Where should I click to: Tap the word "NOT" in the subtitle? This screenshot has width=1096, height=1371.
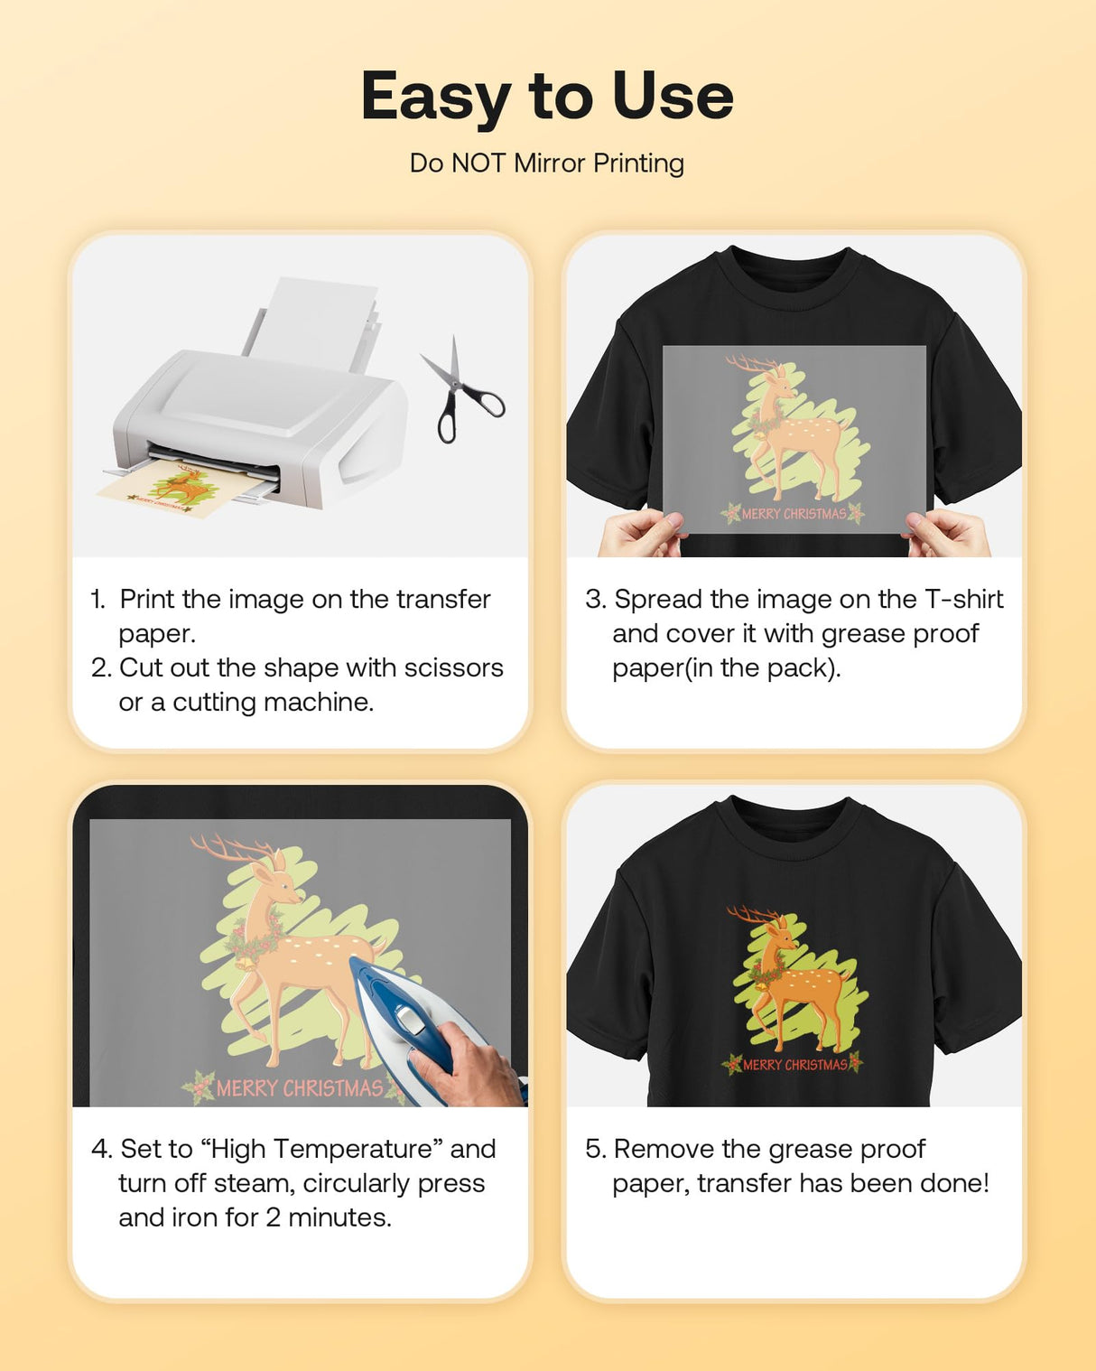click(x=478, y=163)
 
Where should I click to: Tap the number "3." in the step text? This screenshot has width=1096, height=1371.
click(x=596, y=600)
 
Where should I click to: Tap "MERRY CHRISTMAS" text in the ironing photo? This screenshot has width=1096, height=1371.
click(x=300, y=1088)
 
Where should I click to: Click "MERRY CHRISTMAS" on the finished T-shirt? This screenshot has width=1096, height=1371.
click(x=794, y=1065)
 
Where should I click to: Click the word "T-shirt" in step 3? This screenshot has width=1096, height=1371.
click(x=963, y=600)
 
